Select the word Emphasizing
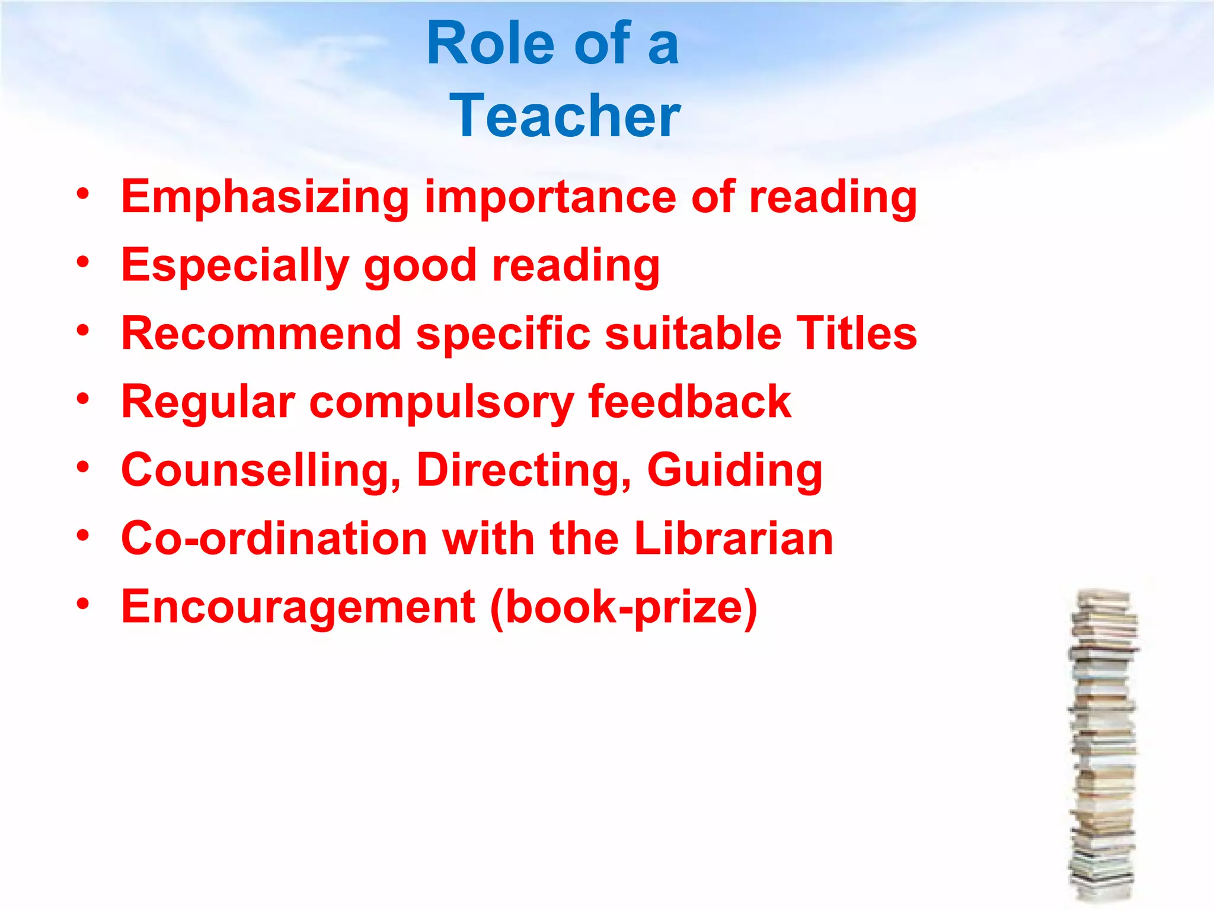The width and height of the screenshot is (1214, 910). [265, 197]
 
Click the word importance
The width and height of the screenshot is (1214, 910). [550, 197]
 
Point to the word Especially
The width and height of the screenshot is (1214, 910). [235, 266]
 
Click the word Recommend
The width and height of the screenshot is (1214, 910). [261, 334]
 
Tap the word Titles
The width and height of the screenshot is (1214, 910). [857, 334]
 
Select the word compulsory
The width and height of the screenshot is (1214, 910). [442, 403]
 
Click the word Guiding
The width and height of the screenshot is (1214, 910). [735, 470]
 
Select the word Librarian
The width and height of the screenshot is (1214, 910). [734, 539]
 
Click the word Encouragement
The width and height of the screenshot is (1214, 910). [298, 607]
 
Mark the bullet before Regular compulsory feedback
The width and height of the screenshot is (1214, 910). [83, 399]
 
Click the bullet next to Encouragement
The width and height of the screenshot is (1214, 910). [83, 604]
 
